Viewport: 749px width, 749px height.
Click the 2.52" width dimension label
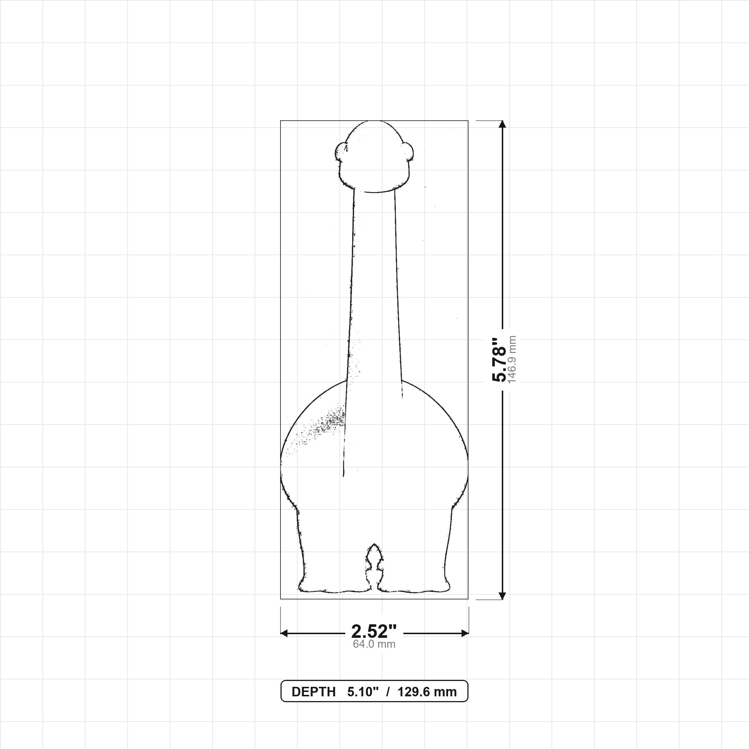[x=374, y=632]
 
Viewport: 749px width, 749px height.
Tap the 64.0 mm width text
[x=374, y=644]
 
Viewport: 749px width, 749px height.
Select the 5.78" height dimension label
[x=499, y=360]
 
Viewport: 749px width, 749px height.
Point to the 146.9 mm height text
[x=512, y=360]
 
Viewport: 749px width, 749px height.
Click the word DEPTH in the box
[x=313, y=692]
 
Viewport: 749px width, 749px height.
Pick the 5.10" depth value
[x=362, y=692]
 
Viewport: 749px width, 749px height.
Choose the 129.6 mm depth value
[x=427, y=692]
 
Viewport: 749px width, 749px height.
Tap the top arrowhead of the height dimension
[x=503, y=124]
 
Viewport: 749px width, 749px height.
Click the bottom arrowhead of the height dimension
[x=503, y=595]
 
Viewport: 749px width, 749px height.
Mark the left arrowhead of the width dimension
[x=284, y=633]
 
